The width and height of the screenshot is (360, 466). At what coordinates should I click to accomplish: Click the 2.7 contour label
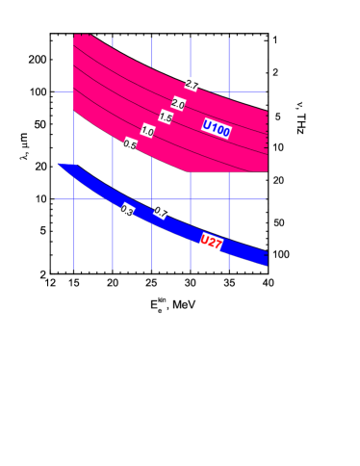pyautogui.click(x=193, y=85)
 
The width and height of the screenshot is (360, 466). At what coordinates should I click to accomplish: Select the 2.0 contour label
pyautogui.click(x=178, y=104)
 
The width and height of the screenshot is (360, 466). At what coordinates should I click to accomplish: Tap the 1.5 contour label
pyautogui.click(x=166, y=117)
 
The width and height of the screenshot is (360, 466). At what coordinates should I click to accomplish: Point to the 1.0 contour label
pyautogui.click(x=147, y=131)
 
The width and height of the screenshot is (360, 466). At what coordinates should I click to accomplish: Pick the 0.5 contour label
pyautogui.click(x=129, y=144)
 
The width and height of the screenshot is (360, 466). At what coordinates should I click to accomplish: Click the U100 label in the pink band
pyautogui.click(x=217, y=128)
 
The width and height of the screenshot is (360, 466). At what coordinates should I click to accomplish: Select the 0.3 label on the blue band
pyautogui.click(x=126, y=210)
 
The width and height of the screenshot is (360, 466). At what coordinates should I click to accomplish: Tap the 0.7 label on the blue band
pyautogui.click(x=161, y=211)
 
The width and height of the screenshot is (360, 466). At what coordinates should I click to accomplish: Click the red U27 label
pyautogui.click(x=211, y=242)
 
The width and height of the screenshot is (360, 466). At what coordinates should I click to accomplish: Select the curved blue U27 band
pyautogui.click(x=183, y=225)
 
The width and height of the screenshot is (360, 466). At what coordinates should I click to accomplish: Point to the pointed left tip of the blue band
pyautogui.click(x=60, y=165)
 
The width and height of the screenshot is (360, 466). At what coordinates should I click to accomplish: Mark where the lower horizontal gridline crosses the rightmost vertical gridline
pyautogui.click(x=229, y=199)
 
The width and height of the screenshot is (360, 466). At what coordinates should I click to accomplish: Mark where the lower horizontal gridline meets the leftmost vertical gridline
pyautogui.click(x=74, y=199)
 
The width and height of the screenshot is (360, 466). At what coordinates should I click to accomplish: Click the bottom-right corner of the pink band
pyautogui.click(x=266, y=170)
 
